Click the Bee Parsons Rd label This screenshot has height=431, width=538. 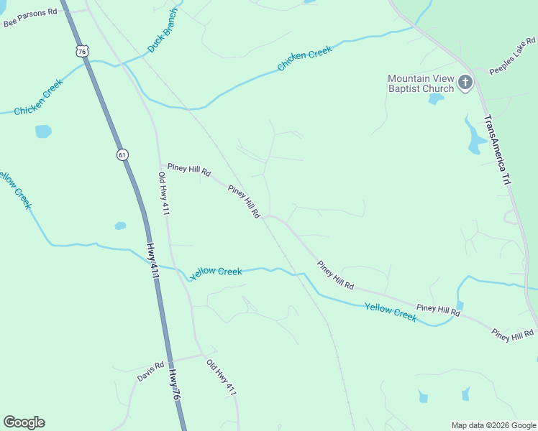[29, 17]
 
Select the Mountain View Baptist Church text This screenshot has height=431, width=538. [421, 83]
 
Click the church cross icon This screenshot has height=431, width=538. [465, 83]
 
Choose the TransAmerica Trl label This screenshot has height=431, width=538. [496, 150]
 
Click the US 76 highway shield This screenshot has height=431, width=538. [83, 50]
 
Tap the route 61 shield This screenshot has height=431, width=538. [122, 154]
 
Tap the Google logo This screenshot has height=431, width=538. [24, 422]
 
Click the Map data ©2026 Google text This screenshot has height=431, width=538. [493, 425]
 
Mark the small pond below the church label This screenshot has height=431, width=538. [436, 99]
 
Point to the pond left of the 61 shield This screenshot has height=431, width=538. [43, 131]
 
